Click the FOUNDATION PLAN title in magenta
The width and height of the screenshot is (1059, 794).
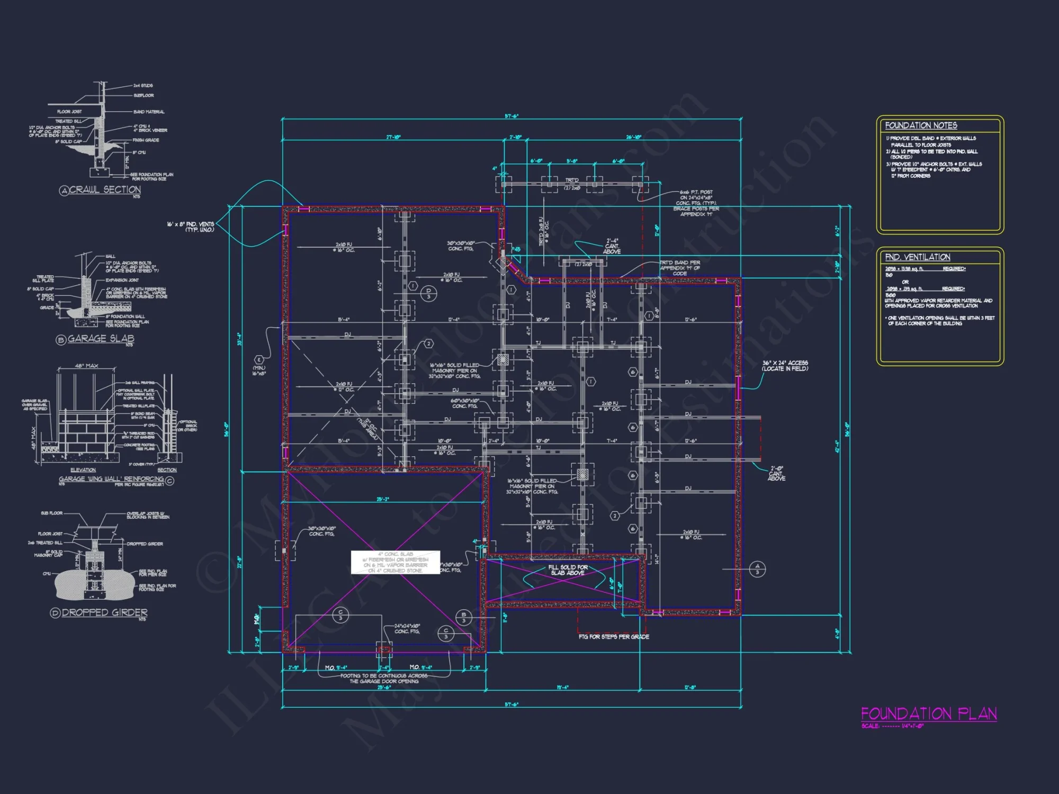(929, 714)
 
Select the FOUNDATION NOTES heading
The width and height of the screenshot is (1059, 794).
(921, 125)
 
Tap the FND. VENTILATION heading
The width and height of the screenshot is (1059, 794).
(917, 257)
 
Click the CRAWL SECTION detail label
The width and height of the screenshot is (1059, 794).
(105, 190)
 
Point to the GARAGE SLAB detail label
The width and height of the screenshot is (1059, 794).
(101, 338)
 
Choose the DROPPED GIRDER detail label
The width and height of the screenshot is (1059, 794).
(104, 612)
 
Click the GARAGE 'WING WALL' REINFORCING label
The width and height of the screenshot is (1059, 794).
(111, 479)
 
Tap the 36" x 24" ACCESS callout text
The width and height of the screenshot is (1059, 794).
(785, 366)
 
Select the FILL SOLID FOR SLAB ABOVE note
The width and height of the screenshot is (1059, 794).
(568, 570)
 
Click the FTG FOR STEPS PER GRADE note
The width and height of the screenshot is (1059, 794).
(614, 637)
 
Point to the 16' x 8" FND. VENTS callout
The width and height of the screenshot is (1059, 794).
(191, 227)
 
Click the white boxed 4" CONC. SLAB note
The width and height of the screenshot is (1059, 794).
(396, 562)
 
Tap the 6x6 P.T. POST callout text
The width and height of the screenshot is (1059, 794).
(696, 203)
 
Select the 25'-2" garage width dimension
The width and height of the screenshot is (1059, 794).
(382, 499)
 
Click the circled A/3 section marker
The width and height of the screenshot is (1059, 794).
(757, 569)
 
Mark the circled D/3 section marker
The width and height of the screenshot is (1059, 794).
(429, 293)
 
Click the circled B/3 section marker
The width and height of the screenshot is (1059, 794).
(464, 617)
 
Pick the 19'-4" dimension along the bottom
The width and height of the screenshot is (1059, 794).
(562, 687)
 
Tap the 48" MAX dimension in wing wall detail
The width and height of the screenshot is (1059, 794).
(86, 366)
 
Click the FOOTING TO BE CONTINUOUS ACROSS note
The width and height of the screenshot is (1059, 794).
(384, 679)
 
